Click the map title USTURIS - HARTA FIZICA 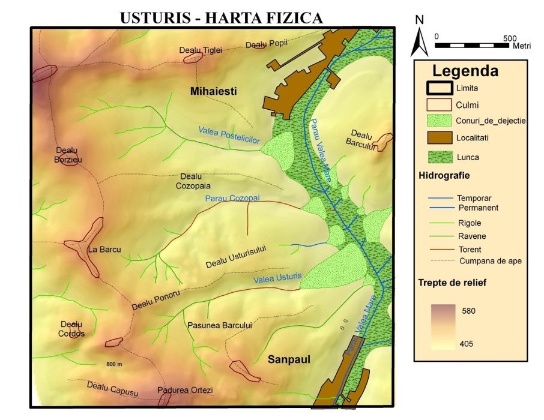[222, 18]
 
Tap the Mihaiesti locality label [213, 92]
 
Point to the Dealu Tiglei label [201, 50]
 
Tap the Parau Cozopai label [232, 198]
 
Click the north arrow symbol [422, 39]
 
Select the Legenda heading [465, 71]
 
